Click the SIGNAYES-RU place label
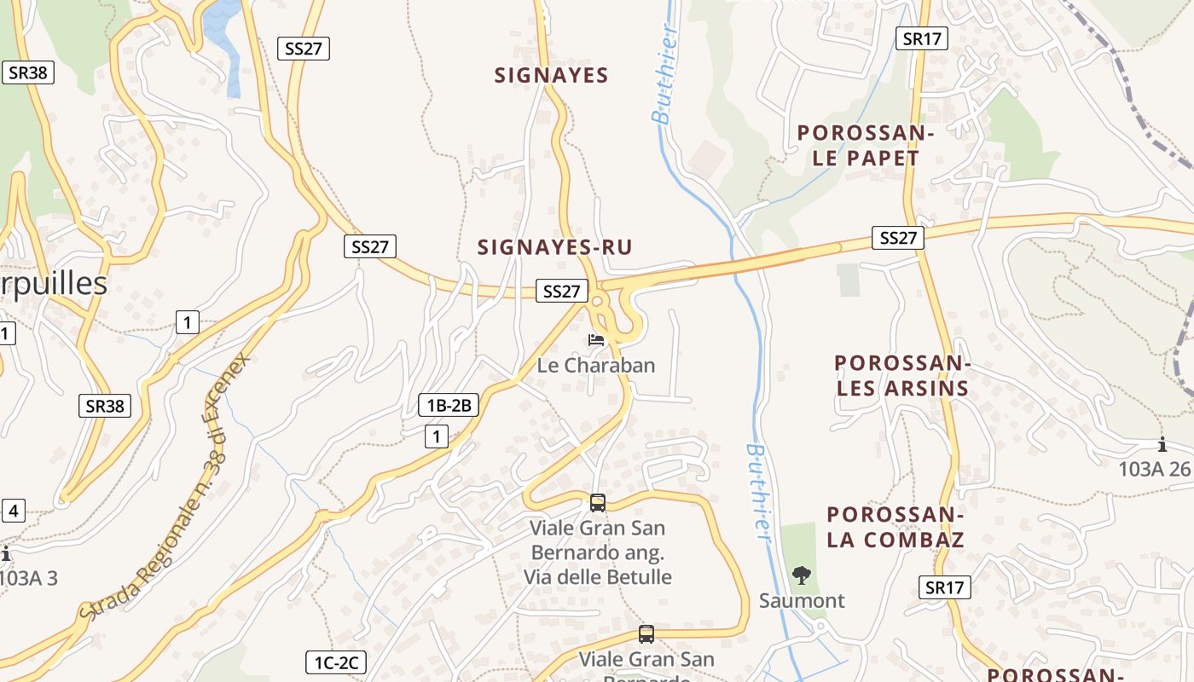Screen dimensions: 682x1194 click(x=554, y=247)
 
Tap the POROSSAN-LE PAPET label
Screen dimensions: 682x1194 click(x=858, y=146)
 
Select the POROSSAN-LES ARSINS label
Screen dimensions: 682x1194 click(x=902, y=376)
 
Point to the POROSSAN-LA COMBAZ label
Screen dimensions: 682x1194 click(x=895, y=527)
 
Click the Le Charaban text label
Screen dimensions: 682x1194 click(x=596, y=365)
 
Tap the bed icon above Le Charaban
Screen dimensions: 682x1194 click(x=596, y=340)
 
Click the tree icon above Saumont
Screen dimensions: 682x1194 click(x=801, y=575)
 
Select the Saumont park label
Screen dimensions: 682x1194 click(x=802, y=600)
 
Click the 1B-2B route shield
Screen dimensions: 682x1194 click(x=449, y=405)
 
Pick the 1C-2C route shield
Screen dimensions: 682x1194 click(x=336, y=662)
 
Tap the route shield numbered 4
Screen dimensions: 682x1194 click(x=13, y=511)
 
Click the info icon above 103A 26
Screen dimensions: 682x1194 click(x=1162, y=444)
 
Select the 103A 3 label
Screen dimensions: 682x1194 click(x=29, y=578)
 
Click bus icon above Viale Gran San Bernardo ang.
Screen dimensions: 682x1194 click(x=597, y=502)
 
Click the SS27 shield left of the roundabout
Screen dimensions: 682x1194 click(x=562, y=291)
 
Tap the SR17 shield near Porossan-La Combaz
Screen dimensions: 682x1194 click(x=945, y=587)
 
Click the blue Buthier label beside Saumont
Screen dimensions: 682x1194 click(x=757, y=492)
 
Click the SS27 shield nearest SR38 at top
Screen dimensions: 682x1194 click(x=304, y=49)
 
